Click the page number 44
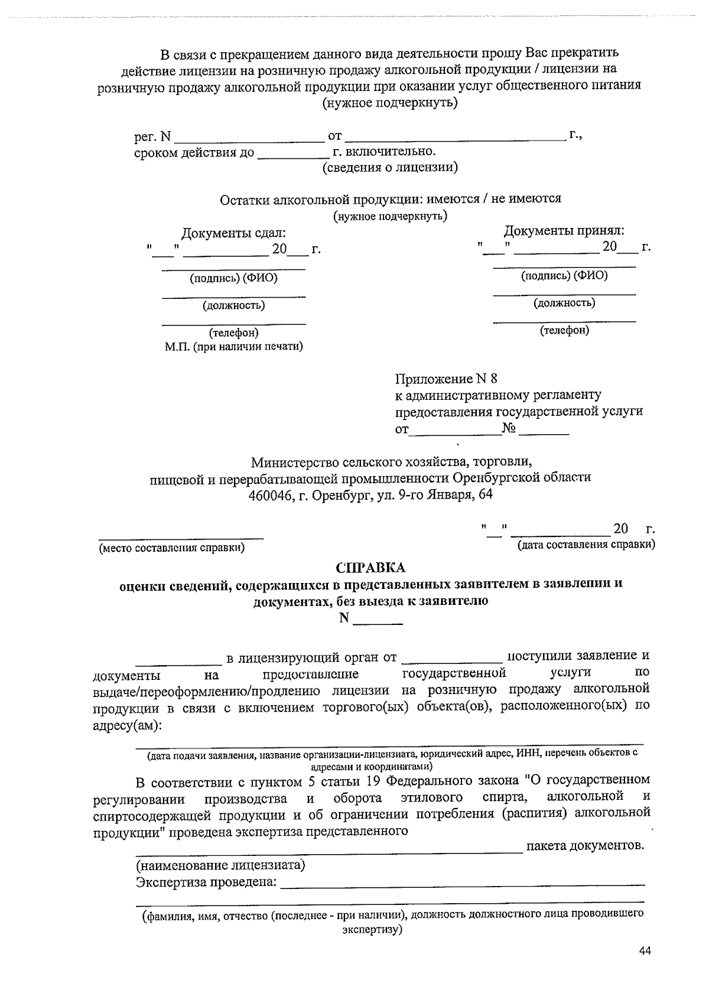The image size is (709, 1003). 645,950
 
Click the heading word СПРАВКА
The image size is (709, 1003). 370,568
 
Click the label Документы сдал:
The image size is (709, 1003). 233,233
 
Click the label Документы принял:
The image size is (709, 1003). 564,230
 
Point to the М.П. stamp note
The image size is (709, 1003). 233,346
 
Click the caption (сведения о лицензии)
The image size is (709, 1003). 390,167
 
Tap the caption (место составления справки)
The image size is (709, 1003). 171,548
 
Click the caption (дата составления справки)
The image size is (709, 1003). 586,544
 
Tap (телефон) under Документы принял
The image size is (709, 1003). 564,330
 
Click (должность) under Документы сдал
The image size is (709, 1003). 234,305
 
